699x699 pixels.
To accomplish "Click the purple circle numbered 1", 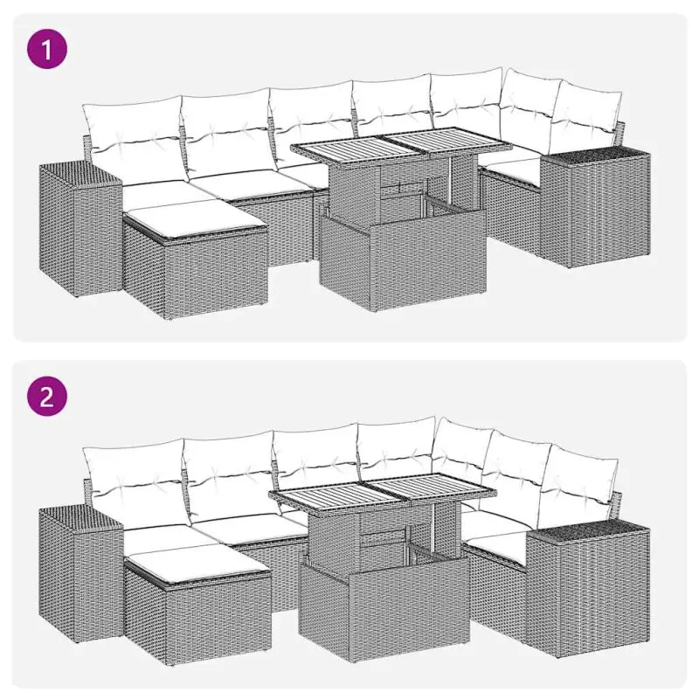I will point(47,48).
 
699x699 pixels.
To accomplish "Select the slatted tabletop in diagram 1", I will point(389,152).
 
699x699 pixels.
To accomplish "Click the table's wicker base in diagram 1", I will point(402,262).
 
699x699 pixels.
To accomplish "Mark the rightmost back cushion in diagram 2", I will point(577,485).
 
